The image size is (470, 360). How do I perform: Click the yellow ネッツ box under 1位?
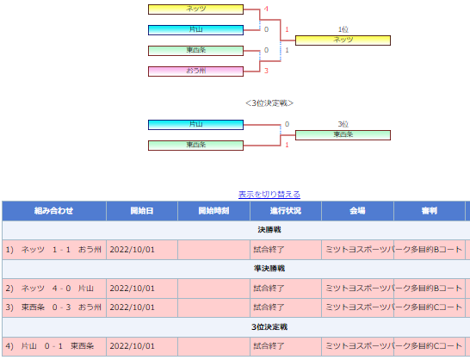coord(343,40)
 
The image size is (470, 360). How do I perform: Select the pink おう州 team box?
coord(195,71)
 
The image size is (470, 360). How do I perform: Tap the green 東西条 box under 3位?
coord(343,135)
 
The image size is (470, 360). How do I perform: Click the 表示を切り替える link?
coord(269,195)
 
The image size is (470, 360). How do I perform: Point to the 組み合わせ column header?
coord(54,211)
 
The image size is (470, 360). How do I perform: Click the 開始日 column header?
coord(142,211)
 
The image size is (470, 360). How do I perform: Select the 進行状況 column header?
coord(286,211)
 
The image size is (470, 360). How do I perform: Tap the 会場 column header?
coord(357,211)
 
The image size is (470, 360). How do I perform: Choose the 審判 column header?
coord(430,211)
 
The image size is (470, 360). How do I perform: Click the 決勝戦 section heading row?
coord(269,230)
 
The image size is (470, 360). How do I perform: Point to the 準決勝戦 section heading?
coord(269,269)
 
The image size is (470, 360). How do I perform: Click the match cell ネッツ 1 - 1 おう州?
coord(54,250)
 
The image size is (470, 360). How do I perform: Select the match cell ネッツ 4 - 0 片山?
coord(54,289)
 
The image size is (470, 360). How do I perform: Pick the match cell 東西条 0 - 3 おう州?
coord(54,307)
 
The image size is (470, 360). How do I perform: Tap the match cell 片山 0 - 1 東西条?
coord(54,346)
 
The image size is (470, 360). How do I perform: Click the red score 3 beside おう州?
coord(266,71)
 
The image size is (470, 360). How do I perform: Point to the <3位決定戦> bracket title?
coord(269,103)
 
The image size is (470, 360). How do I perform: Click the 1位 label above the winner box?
coord(343,29)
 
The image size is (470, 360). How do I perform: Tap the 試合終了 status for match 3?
coord(269,307)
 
